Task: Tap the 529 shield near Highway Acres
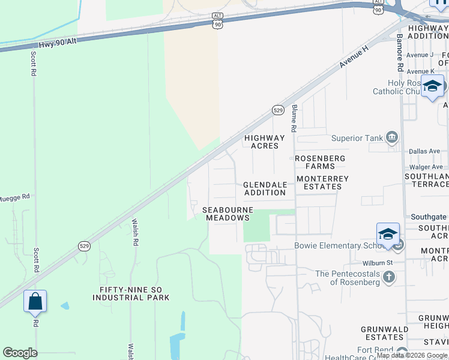tap(278, 110)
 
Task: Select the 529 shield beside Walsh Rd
tap(84, 246)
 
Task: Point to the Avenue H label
tap(353, 57)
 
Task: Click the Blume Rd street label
tap(294, 119)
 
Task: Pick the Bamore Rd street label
tap(400, 49)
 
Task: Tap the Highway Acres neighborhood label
tap(265, 142)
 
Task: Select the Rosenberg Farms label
tap(320, 162)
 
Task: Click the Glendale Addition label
tap(265, 188)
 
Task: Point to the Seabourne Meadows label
tap(228, 214)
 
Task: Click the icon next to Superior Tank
tap(392, 138)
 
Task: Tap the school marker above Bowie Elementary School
tap(388, 234)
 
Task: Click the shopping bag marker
tap(35, 301)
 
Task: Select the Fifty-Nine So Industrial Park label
tap(131, 293)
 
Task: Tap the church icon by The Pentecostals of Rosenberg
tap(390, 277)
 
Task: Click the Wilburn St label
tap(378, 263)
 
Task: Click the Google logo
tap(20, 353)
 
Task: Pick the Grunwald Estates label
tap(385, 333)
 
